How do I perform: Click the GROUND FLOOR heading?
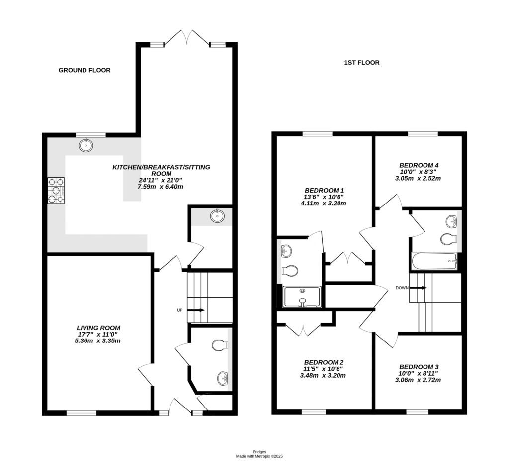point(85,70)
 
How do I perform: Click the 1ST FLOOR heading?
point(362,63)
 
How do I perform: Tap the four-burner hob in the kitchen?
point(56,191)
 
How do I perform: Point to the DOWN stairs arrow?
point(418,288)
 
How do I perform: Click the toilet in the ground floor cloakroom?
point(220,345)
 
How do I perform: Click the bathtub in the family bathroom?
point(434,261)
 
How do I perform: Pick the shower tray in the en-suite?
point(302,297)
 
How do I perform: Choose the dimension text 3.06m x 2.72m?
point(419,380)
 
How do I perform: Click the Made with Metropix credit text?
point(259,456)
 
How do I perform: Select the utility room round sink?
point(217,216)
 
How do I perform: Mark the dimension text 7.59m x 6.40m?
point(161,187)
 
